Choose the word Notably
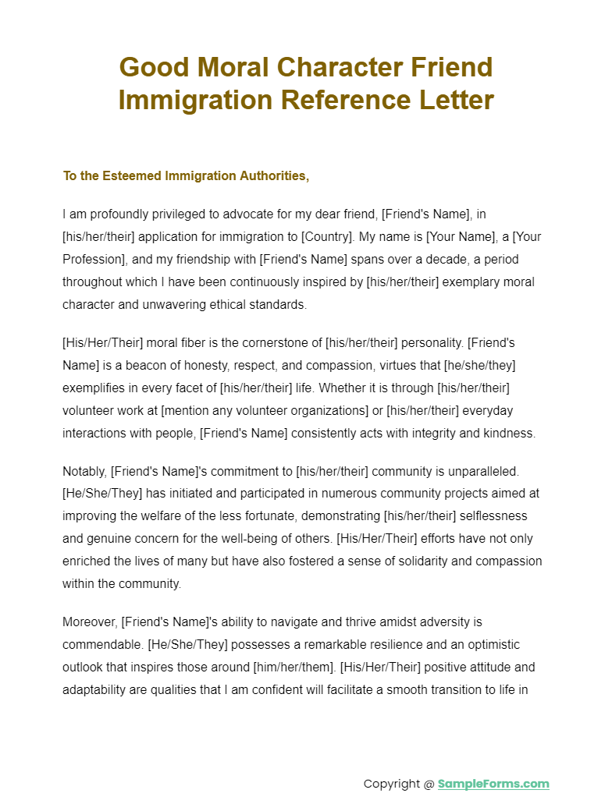coord(84,471)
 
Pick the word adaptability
coord(98,690)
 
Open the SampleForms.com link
coord(493,784)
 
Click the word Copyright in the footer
coord(392,784)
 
